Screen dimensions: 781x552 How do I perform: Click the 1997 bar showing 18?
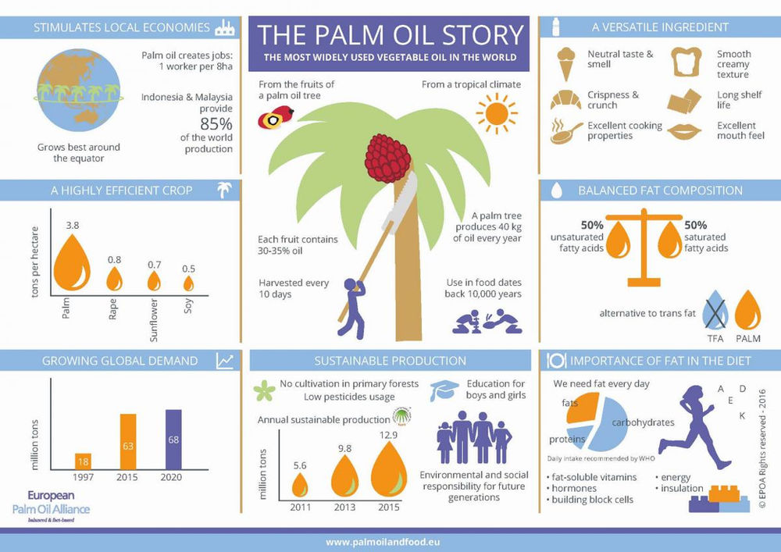[83, 460]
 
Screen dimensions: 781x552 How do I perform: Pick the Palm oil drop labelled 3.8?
[72, 262]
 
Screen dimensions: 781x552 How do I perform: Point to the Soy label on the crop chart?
[189, 303]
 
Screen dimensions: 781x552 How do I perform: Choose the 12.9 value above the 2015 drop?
[389, 434]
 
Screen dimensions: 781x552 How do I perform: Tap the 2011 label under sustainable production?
[300, 509]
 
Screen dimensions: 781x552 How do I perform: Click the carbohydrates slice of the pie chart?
[620, 425]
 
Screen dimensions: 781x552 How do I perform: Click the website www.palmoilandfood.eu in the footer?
[390, 541]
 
